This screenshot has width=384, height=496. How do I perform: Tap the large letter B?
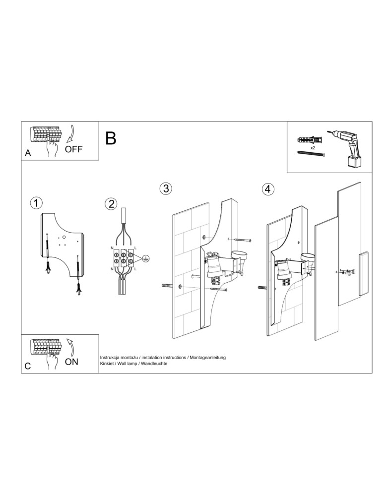[x=111, y=138]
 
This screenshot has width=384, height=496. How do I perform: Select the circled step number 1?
[x=36, y=203]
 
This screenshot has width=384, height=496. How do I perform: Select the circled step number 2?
[x=111, y=204]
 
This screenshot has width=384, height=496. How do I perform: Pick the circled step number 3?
[x=166, y=189]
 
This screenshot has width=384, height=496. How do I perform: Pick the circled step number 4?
[x=268, y=189]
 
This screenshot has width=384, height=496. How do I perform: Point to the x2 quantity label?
[x=313, y=148]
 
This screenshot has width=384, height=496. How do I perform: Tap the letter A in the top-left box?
[x=28, y=154]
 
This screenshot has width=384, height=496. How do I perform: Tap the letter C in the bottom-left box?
[x=28, y=367]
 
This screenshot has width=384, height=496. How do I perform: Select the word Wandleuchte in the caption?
[x=153, y=364]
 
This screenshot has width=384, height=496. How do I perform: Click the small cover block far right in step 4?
[x=364, y=273]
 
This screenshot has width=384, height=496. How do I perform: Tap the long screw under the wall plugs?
[x=311, y=154]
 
